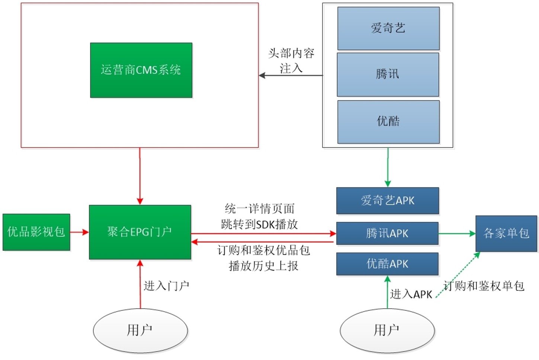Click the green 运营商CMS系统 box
click(x=141, y=70)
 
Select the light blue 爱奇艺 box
click(x=388, y=28)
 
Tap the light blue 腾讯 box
click(x=388, y=74)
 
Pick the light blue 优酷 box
click(x=388, y=121)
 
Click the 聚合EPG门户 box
click(x=140, y=232)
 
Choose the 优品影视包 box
click(x=36, y=232)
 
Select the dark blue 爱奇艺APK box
click(x=387, y=201)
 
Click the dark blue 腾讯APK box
click(x=387, y=233)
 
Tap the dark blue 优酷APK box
click(x=387, y=264)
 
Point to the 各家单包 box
click(x=506, y=233)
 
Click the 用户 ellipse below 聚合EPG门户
click(x=140, y=330)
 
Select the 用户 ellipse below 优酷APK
click(x=387, y=330)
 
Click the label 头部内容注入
click(x=291, y=61)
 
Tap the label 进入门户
click(x=166, y=286)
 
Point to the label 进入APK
click(x=411, y=294)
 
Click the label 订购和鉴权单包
click(x=484, y=286)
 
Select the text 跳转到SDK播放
click(x=259, y=224)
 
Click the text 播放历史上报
click(x=263, y=266)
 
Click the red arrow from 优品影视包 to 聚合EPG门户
click(x=79, y=232)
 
